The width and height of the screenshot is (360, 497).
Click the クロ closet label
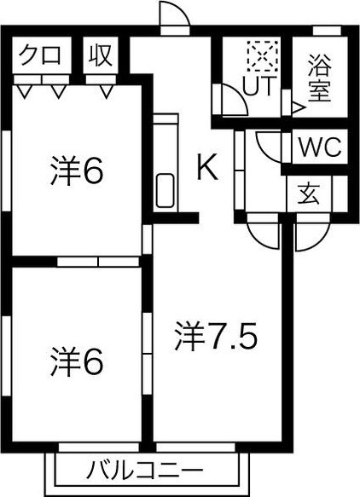39,55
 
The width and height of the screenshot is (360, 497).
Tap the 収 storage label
100,55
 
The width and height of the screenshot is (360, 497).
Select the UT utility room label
258,86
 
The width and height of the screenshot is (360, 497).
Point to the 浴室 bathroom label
319,78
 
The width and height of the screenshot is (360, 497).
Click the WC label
321,147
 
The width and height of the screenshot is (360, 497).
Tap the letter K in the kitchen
207,166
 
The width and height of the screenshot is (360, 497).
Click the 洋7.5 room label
215,336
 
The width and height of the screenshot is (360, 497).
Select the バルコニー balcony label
145,470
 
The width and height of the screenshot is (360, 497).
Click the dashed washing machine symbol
263,56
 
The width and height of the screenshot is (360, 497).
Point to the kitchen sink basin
165,191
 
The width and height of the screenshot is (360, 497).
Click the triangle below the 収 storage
107,91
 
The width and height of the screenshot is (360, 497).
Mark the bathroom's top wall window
327,31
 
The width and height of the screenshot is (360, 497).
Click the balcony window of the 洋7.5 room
195,448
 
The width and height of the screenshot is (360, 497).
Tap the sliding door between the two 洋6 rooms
98,262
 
